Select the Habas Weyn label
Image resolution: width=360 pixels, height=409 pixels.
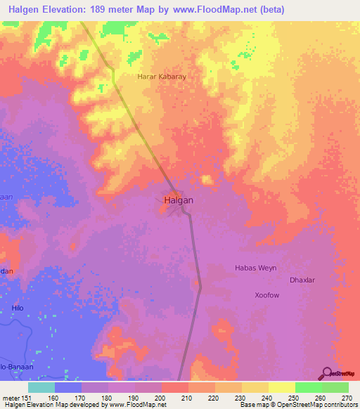pyautogui.click(x=255, y=268)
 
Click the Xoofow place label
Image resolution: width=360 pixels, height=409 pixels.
pyautogui.click(x=267, y=296)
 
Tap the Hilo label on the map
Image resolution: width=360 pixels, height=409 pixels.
pyautogui.click(x=18, y=308)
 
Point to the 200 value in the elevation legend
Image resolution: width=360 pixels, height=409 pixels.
pyautogui.click(x=161, y=398)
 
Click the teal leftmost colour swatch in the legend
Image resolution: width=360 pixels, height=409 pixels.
pyautogui.click(x=41, y=387)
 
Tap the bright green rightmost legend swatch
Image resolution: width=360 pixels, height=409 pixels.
pyautogui.click(x=335, y=387)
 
